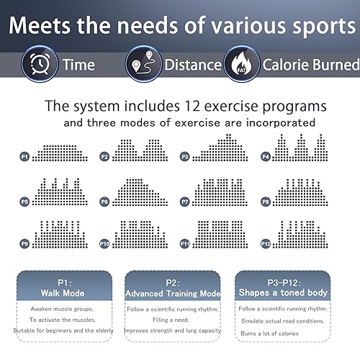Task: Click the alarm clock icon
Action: point(40,64)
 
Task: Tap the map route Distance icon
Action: point(143,64)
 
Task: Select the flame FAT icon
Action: point(242,64)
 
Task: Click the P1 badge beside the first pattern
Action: point(24,157)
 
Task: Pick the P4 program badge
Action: point(266,157)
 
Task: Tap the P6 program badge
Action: point(104,202)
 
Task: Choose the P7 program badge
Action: point(184,202)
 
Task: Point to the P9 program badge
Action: point(24,244)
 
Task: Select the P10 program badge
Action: point(104,244)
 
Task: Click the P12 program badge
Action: point(266,244)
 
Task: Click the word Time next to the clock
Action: point(78,65)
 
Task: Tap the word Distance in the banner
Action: point(193,65)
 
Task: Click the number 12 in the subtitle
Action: point(192,106)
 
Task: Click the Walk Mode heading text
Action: point(63,293)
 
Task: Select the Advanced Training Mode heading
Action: point(173,294)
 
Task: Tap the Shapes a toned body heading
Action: point(283,292)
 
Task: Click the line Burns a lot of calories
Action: point(269,333)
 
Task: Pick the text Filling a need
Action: point(171,320)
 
